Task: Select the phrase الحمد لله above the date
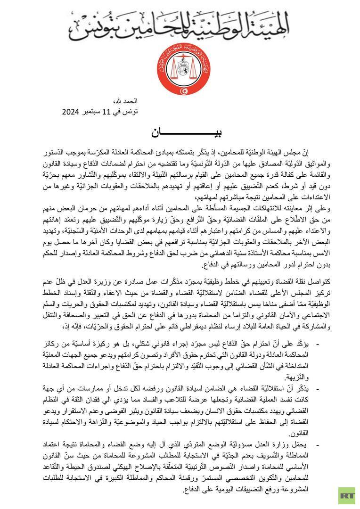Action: (x=117, y=102)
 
